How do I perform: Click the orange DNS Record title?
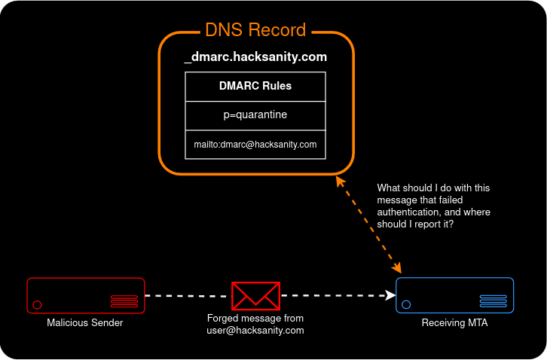[255, 31]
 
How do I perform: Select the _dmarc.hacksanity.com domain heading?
[255, 56]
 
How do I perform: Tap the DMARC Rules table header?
[255, 86]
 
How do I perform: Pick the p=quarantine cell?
[255, 115]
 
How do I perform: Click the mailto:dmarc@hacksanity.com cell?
[255, 144]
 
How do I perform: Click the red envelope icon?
[255, 296]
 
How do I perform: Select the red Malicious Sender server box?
[84, 295]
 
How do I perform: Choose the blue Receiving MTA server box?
[454, 295]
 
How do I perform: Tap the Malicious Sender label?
[84, 323]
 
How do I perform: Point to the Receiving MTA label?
[454, 323]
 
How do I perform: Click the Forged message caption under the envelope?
[255, 325]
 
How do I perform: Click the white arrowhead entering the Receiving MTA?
[391, 295]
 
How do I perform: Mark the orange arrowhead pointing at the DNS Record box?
[341, 182]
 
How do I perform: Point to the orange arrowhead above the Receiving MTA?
[396, 268]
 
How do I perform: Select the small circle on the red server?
[37, 305]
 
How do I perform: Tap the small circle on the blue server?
[406, 305]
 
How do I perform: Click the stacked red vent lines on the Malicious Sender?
[124, 301]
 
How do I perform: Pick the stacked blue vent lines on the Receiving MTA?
[494, 301]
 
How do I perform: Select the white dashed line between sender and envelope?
[187, 296]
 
